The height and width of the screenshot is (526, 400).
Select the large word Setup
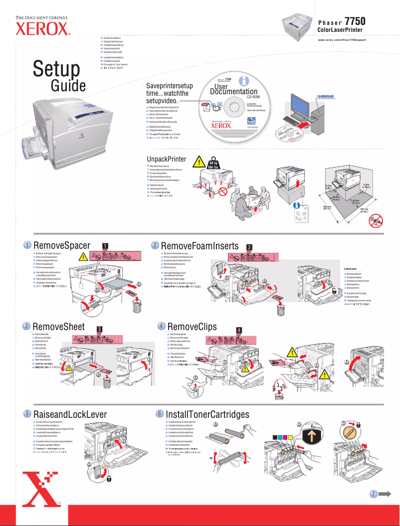(x=56, y=70)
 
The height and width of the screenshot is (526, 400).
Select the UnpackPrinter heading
(x=166, y=159)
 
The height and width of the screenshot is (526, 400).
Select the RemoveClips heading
(x=193, y=327)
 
